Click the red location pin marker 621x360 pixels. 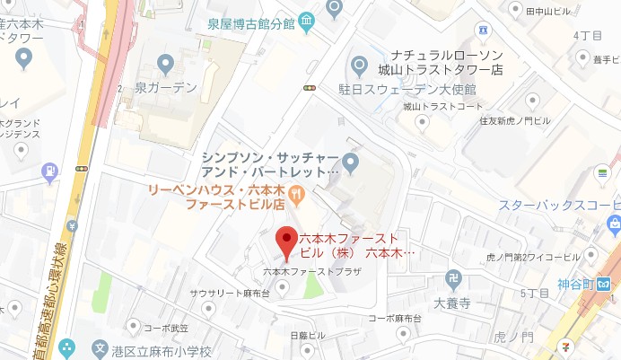[x=285, y=241]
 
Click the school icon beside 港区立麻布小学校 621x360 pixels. [x=100, y=348]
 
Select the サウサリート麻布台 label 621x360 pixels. [x=231, y=294]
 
